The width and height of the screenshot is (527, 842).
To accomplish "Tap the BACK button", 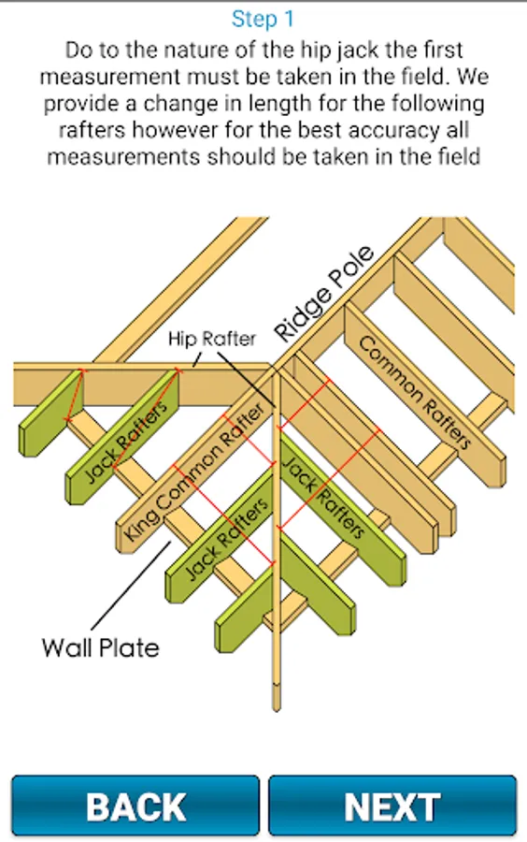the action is [135, 806].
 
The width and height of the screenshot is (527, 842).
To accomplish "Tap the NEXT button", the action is [392, 806].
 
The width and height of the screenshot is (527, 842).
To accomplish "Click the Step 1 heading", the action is [263, 20].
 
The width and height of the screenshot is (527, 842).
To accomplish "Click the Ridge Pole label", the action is [323, 294].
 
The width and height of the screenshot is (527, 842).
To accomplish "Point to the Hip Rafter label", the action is [212, 339].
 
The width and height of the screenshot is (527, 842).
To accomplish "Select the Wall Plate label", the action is [100, 647].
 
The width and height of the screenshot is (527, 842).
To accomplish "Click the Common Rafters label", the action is [415, 393].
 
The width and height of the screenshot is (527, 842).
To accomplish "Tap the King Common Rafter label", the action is [194, 472].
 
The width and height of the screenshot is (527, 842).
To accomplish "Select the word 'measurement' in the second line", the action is [110, 78].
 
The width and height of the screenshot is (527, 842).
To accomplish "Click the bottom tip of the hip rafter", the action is [277, 710].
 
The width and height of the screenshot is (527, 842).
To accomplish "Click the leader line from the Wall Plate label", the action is [132, 586].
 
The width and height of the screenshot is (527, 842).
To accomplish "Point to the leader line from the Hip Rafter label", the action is [246, 380].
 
